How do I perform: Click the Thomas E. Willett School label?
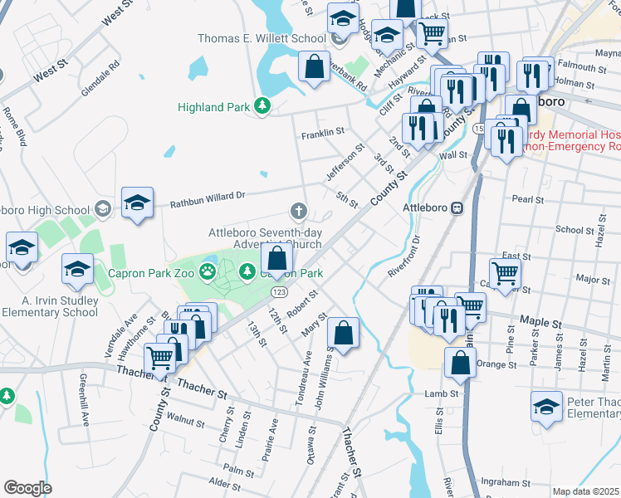pos(262,38)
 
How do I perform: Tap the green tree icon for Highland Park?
pos(262,105)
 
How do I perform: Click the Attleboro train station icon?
pos(457,207)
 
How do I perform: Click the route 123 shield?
pos(278,292)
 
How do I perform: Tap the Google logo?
pos(27,488)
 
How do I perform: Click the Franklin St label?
pos(322,133)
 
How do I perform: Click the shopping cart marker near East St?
pos(505,272)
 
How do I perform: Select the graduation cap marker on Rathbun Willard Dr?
pos(138,203)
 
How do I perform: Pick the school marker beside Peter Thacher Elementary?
pos(546,407)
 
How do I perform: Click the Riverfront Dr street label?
pos(406,256)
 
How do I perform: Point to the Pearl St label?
pos(527,200)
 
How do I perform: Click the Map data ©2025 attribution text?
pos(586,491)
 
